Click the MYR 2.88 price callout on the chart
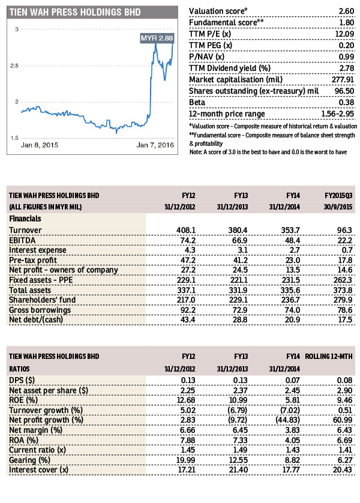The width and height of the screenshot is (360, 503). tap(157, 38)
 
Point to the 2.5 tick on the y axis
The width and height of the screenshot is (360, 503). tap(14, 66)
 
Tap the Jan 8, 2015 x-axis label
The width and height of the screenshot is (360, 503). tap(40, 145)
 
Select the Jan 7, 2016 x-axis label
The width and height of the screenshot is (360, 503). tap(155, 145)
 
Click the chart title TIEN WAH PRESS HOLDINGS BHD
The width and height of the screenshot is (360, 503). tap(75, 12)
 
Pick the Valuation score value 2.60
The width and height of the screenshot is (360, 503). tap(347, 11)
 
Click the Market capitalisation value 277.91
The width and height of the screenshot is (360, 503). tap(343, 80)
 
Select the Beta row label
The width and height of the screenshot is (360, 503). tap(197, 102)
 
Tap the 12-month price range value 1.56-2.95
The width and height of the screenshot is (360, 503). tap(338, 114)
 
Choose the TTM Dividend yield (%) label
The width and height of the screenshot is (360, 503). tap(230, 68)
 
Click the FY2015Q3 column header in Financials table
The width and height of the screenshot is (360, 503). tap(338, 196)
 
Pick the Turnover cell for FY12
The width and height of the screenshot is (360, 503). tap(186, 230)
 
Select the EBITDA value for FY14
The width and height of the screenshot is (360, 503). tap(292, 240)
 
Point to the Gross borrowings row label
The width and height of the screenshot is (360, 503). tap(40, 310)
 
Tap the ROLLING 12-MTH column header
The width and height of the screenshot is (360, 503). tap(329, 357)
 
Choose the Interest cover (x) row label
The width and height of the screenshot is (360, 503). tap(39, 470)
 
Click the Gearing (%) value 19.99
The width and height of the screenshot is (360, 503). tap(185, 460)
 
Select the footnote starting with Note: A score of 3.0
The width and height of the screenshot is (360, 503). tap(268, 152)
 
